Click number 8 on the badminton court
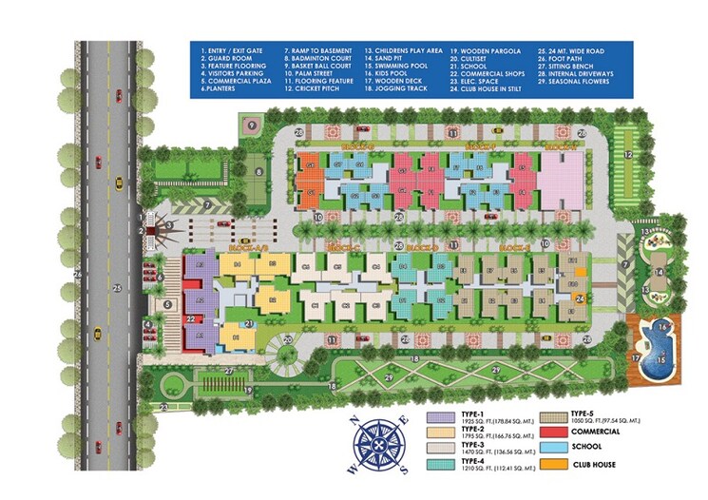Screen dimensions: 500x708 (x=258, y=172)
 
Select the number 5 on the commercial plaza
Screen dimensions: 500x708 (x=167, y=305)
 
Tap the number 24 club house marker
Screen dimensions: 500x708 (x=579, y=298)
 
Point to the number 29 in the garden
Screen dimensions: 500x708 (x=494, y=368)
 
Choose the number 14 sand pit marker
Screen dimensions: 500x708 (x=657, y=273)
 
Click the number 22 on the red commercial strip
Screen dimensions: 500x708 (x=191, y=318)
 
